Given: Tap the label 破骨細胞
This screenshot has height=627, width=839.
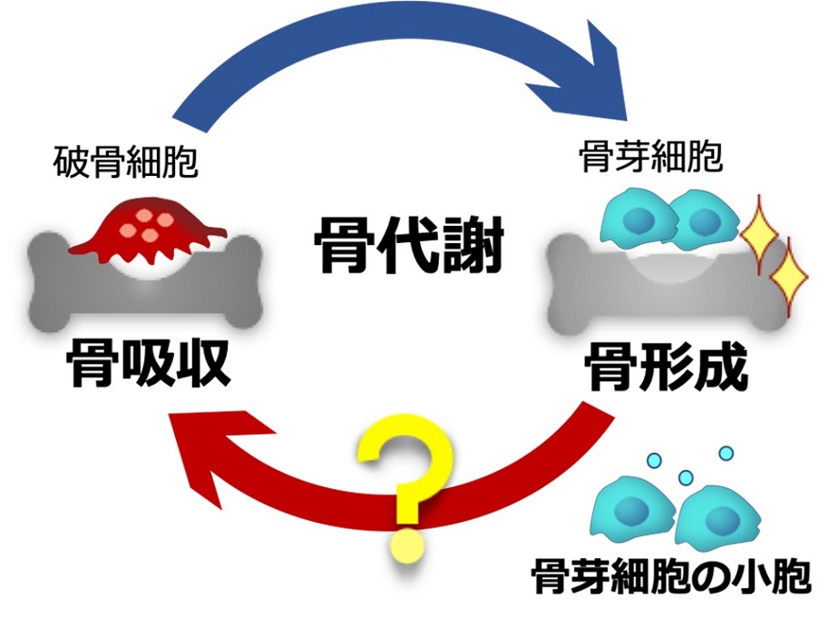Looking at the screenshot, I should pos(124,163).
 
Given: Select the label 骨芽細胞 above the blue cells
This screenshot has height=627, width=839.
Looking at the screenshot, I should pos(650,158).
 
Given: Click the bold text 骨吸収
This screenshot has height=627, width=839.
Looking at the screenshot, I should pos(149,362).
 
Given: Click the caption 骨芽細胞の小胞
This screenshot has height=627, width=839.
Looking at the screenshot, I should pos(670,575).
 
